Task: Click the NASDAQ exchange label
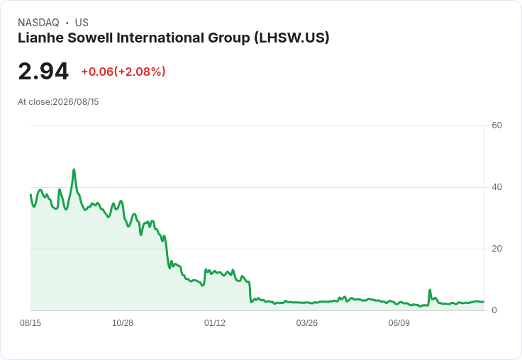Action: click(38, 23)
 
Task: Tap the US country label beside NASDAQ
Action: click(82, 23)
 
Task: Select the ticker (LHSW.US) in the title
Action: click(291, 38)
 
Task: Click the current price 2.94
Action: click(43, 72)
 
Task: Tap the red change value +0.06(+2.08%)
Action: click(123, 72)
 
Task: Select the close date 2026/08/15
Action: click(76, 102)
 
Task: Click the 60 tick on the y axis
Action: click(496, 125)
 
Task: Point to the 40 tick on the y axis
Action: click(496, 187)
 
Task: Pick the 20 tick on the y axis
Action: click(496, 249)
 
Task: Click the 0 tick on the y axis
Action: click(494, 310)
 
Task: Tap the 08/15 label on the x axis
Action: click(30, 322)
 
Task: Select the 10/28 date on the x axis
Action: click(123, 322)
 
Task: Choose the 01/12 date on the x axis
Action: click(215, 322)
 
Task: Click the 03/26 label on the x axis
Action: click(306, 322)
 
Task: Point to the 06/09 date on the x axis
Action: click(399, 322)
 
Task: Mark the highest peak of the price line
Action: click(74, 169)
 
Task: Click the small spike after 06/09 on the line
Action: click(430, 290)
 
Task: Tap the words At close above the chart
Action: click(34, 102)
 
